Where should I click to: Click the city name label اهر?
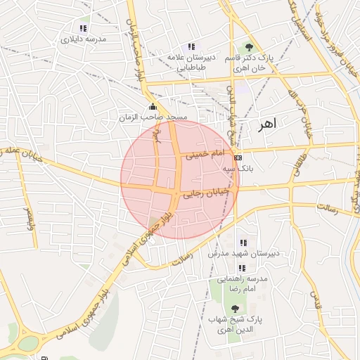point(268,123)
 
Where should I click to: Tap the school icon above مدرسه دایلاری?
point(84,29)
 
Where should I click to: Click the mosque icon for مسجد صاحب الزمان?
point(153,107)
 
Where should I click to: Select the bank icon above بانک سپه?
point(238,157)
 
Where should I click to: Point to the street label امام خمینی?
point(205,154)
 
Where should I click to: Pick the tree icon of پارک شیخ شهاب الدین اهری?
point(235,309)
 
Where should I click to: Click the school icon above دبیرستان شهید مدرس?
point(243,243)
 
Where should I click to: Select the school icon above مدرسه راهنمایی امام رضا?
point(242,268)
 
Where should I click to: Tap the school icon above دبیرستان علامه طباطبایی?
point(191,46)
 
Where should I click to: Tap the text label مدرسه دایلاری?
point(84,39)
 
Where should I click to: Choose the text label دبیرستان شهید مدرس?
point(243,253)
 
